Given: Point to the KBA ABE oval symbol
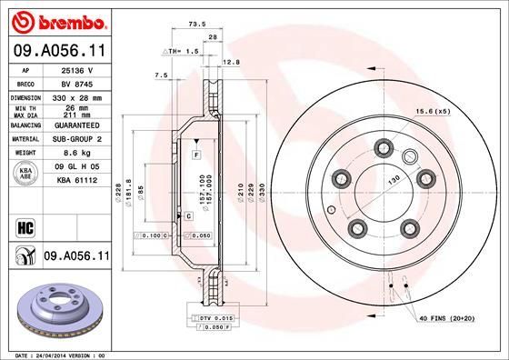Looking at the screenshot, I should [24, 174].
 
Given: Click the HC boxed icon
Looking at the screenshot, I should [25, 225].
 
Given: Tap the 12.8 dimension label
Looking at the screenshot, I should [229, 62].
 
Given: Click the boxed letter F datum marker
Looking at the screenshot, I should [195, 157].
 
